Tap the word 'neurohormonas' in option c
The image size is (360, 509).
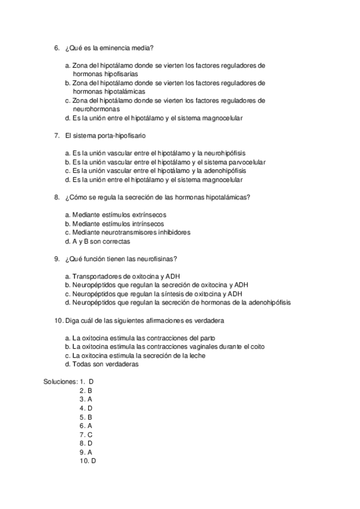[96, 109]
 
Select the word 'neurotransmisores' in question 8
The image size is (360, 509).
[131, 233]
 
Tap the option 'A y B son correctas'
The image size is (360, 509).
[101, 242]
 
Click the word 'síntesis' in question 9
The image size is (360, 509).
[170, 294]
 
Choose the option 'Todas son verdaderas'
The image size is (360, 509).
[104, 364]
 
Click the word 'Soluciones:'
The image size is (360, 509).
[60, 381]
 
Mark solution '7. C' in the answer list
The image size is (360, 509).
[86, 434]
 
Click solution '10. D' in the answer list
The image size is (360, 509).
[88, 460]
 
